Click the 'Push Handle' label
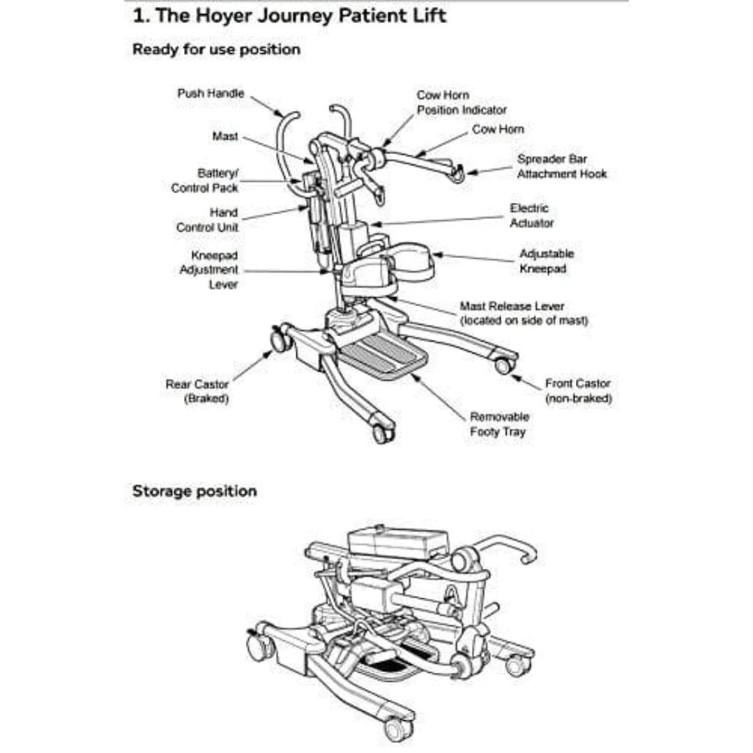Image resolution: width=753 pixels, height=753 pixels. tap(211, 93)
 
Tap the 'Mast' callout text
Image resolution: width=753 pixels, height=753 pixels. tap(225, 137)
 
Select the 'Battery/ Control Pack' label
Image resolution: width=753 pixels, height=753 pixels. tap(205, 180)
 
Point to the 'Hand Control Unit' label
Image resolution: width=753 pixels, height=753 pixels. tap(207, 220)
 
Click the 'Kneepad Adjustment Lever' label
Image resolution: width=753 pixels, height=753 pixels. tap(208, 270)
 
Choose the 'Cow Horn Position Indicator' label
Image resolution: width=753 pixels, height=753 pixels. tap(461, 102)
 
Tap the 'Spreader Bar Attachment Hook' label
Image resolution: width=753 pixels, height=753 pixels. tap(561, 166)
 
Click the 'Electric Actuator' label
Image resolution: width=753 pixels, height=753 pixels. tap(531, 215)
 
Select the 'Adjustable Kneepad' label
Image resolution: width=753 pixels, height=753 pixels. tap(546, 261)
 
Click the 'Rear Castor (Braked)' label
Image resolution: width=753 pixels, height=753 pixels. tap(197, 391)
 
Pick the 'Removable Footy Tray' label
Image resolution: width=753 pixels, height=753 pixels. tap(499, 424)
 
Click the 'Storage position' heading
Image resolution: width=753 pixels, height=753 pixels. tap(195, 491)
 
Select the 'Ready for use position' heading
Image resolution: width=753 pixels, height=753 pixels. tap(216, 50)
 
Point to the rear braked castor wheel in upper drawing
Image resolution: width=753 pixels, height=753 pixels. tap(280, 340)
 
